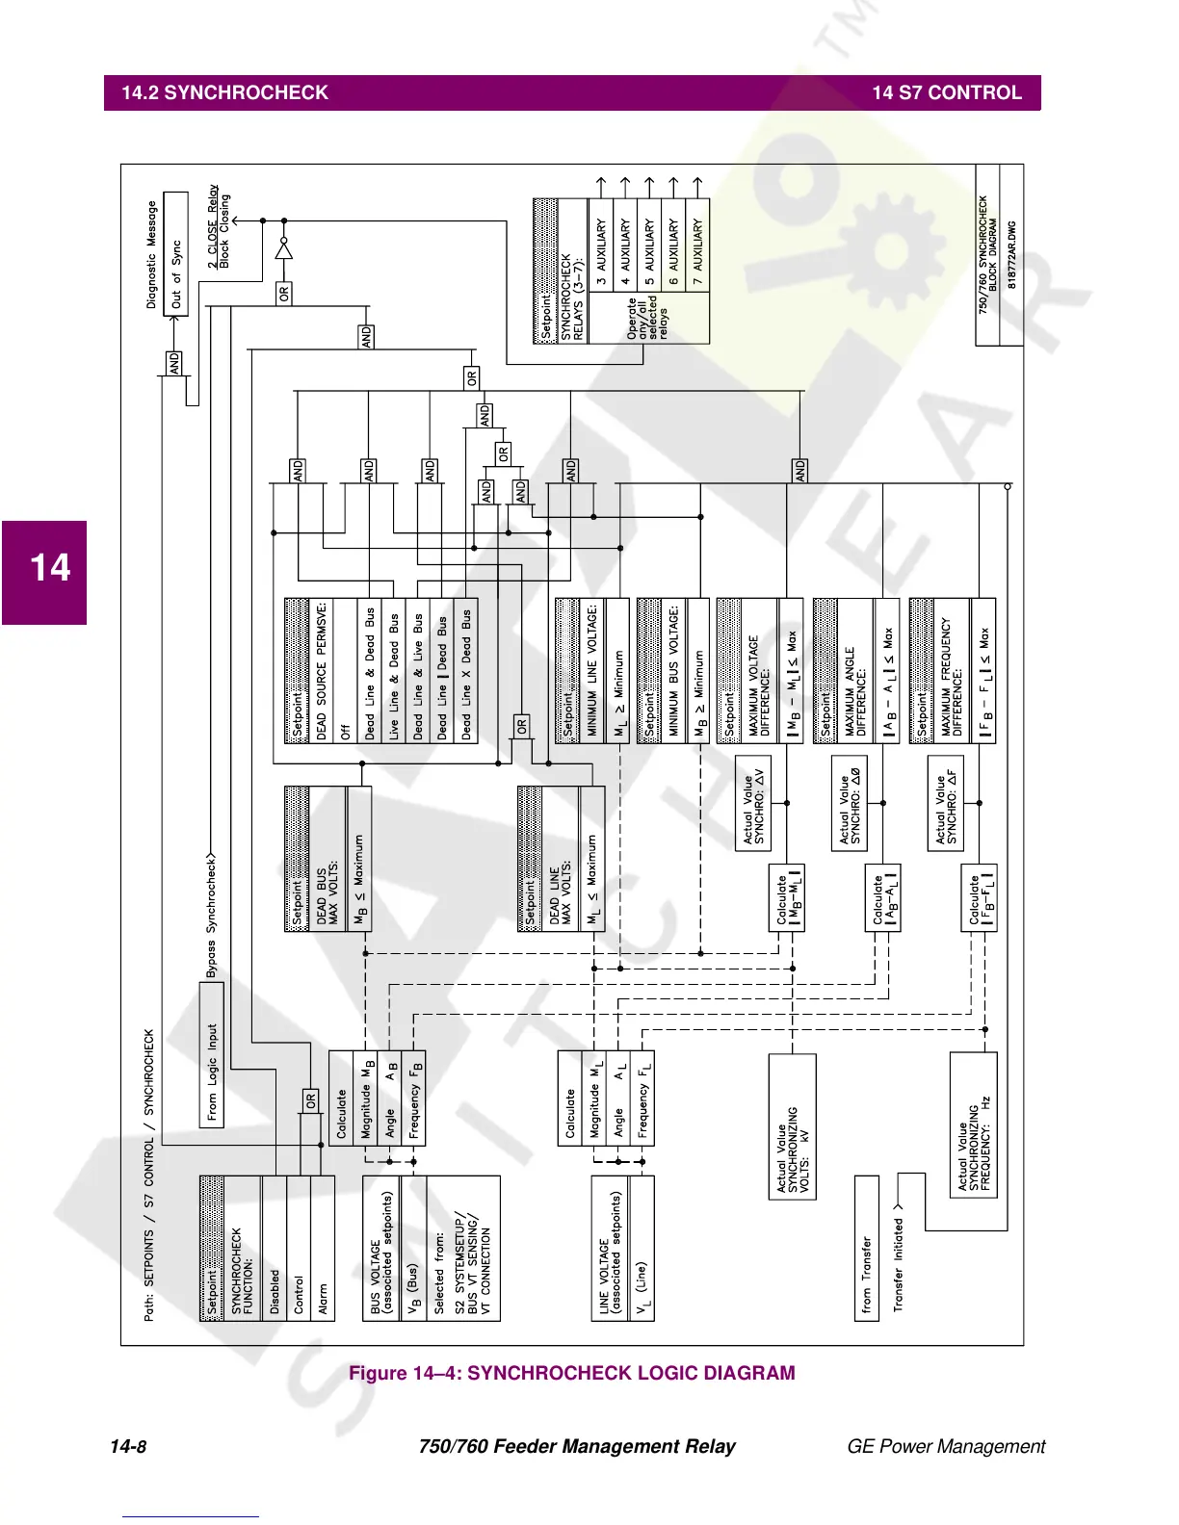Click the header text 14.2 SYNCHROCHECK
tap(224, 93)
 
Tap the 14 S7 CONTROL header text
tap(946, 93)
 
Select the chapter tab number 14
tap(50, 568)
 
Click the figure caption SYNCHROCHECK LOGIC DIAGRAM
tap(571, 1373)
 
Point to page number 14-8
tap(128, 1446)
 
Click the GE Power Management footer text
tap(945, 1446)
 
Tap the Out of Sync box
tap(176, 254)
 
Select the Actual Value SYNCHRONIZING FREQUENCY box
tap(973, 1124)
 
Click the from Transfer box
tap(867, 1248)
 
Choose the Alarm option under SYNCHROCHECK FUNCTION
tap(323, 1248)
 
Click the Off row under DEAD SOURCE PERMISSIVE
tap(346, 670)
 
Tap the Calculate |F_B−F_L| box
tap(980, 897)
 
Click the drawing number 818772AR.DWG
tap(1011, 254)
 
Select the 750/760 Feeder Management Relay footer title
tap(577, 1446)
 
